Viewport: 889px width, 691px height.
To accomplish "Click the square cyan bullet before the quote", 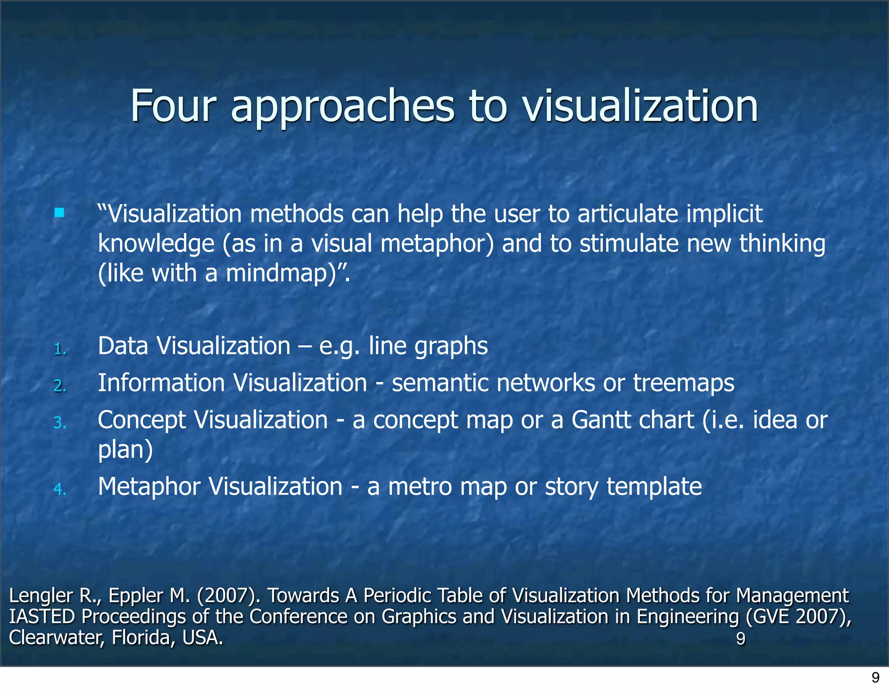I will (x=59, y=213).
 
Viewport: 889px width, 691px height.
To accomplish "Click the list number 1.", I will (x=60, y=349).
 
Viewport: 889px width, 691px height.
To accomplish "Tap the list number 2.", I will (x=60, y=386).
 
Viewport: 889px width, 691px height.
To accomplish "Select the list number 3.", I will (x=60, y=422).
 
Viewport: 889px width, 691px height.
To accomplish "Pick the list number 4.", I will (x=60, y=489).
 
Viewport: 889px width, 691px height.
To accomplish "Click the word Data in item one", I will (x=123, y=346).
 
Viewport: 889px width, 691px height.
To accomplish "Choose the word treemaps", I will (x=684, y=383).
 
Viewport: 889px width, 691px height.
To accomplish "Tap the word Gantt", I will (x=601, y=420).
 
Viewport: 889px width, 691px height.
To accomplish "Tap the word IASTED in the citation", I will (x=42, y=617).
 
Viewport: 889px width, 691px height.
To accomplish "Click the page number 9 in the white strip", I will (x=876, y=678).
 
